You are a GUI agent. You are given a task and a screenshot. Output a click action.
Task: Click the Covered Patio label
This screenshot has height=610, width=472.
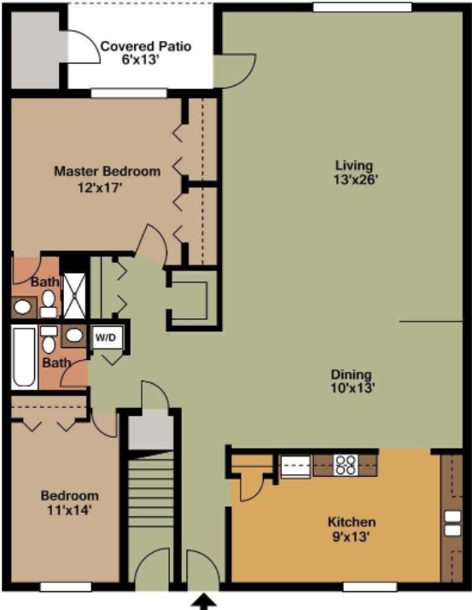click(145, 46)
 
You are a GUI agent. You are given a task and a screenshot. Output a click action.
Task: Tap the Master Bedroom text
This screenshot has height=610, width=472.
click(107, 171)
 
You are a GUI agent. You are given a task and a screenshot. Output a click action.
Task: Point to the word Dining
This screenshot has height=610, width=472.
click(352, 374)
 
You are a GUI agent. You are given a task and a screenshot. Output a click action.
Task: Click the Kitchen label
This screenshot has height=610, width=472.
click(352, 521)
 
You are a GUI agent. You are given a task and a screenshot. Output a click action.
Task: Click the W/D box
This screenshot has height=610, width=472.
click(106, 336)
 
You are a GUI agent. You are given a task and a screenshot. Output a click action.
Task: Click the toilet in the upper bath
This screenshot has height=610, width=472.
click(49, 299)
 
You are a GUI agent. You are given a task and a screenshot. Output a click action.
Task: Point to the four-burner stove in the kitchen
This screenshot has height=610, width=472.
click(345, 466)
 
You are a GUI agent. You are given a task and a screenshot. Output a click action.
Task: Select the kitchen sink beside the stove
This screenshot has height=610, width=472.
click(295, 467)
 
